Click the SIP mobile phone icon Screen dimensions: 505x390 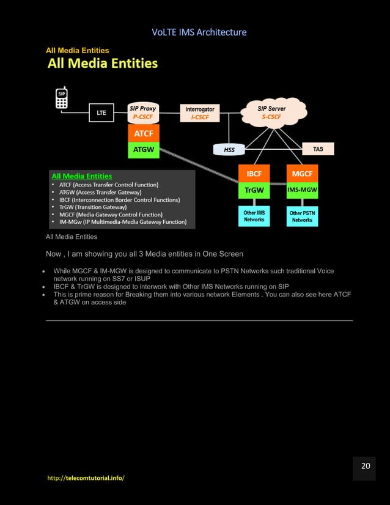click(62, 99)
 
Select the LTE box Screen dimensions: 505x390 click(101, 112)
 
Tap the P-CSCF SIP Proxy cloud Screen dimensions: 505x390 click(143, 112)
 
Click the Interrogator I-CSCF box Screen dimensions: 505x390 click(199, 113)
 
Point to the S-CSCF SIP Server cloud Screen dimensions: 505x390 click(272, 112)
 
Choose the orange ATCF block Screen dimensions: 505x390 click(143, 133)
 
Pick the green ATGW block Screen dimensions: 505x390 click(143, 150)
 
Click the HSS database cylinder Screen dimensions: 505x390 click(229, 149)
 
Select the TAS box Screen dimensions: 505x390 click(318, 149)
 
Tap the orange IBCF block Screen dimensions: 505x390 click(254, 174)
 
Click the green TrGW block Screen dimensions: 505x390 click(254, 190)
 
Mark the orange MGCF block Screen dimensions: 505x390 click(302, 174)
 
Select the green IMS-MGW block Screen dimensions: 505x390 click(302, 190)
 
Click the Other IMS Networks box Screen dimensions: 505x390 click(254, 216)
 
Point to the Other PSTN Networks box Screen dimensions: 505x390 click(302, 216)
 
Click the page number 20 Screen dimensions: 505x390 click(365, 466)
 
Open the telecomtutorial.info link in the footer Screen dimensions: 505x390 click(86, 477)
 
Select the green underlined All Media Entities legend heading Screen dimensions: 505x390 click(81, 176)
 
